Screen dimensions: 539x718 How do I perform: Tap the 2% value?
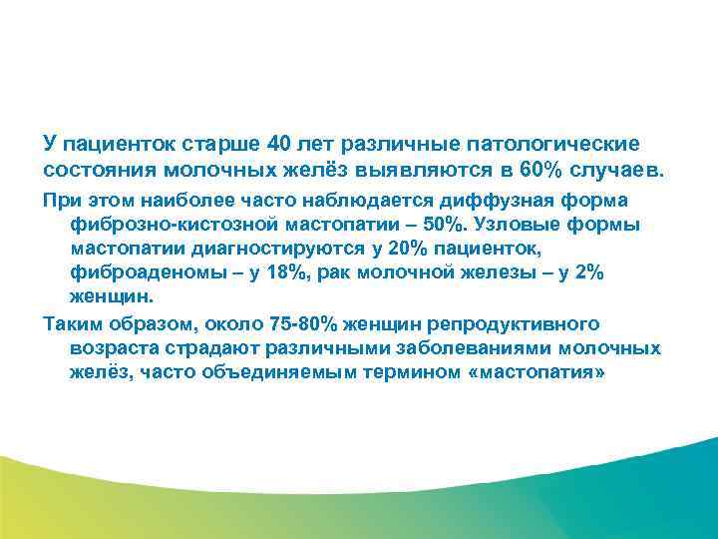point(586,272)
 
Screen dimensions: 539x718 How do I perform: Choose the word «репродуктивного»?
point(520,324)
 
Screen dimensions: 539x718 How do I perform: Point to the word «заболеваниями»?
point(448,348)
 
